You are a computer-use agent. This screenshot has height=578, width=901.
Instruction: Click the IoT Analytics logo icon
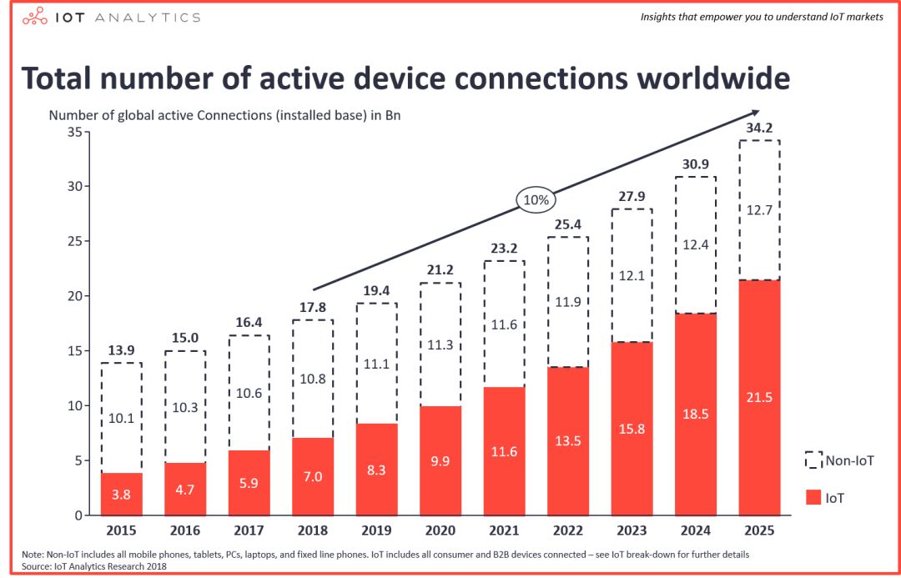(x=35, y=18)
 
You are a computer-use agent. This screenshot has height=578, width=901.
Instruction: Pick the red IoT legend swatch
(x=814, y=497)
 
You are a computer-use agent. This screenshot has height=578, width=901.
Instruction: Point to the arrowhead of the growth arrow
(x=754, y=113)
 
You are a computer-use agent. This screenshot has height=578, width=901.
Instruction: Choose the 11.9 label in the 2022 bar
(x=568, y=301)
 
